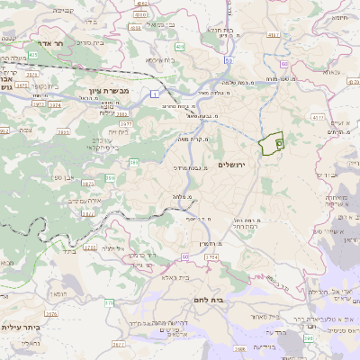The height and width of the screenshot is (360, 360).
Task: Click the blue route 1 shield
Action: (155, 93)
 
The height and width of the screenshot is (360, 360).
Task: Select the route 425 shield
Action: (33, 56)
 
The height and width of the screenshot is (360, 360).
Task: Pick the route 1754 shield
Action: (211, 257)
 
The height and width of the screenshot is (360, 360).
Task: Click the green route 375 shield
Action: (109, 302)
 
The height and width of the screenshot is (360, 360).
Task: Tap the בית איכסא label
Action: (165, 61)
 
